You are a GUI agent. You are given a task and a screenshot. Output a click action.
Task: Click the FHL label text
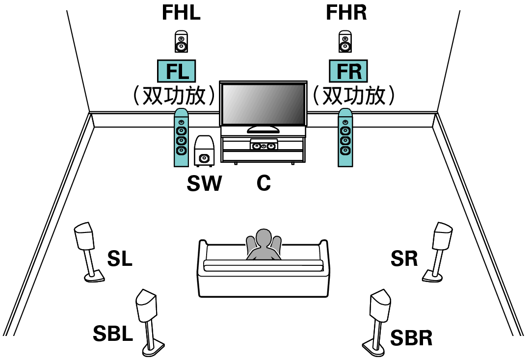[x=181, y=13]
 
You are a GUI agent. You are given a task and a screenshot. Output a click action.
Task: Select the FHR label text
[x=346, y=13]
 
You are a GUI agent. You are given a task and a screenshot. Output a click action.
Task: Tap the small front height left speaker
[x=181, y=42]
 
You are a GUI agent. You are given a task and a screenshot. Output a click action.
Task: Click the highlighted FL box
[x=176, y=72]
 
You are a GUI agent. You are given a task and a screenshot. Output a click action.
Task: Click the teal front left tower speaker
[x=181, y=137]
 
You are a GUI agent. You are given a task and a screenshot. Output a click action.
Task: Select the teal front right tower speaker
[x=345, y=137]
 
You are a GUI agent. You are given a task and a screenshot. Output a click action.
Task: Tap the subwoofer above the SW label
[x=204, y=151]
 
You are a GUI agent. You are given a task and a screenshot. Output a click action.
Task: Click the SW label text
[x=204, y=184]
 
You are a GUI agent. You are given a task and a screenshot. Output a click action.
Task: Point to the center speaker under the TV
[x=264, y=146]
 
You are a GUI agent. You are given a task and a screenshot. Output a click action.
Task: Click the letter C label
[x=264, y=184]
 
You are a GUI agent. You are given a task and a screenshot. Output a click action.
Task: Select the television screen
[x=263, y=104]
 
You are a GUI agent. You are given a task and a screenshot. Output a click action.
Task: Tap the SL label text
[x=120, y=259]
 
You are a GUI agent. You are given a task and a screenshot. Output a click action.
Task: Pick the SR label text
[x=404, y=259]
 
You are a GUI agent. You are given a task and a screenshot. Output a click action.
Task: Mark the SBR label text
[x=411, y=338]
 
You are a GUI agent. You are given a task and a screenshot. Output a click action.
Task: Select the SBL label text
[x=113, y=334]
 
